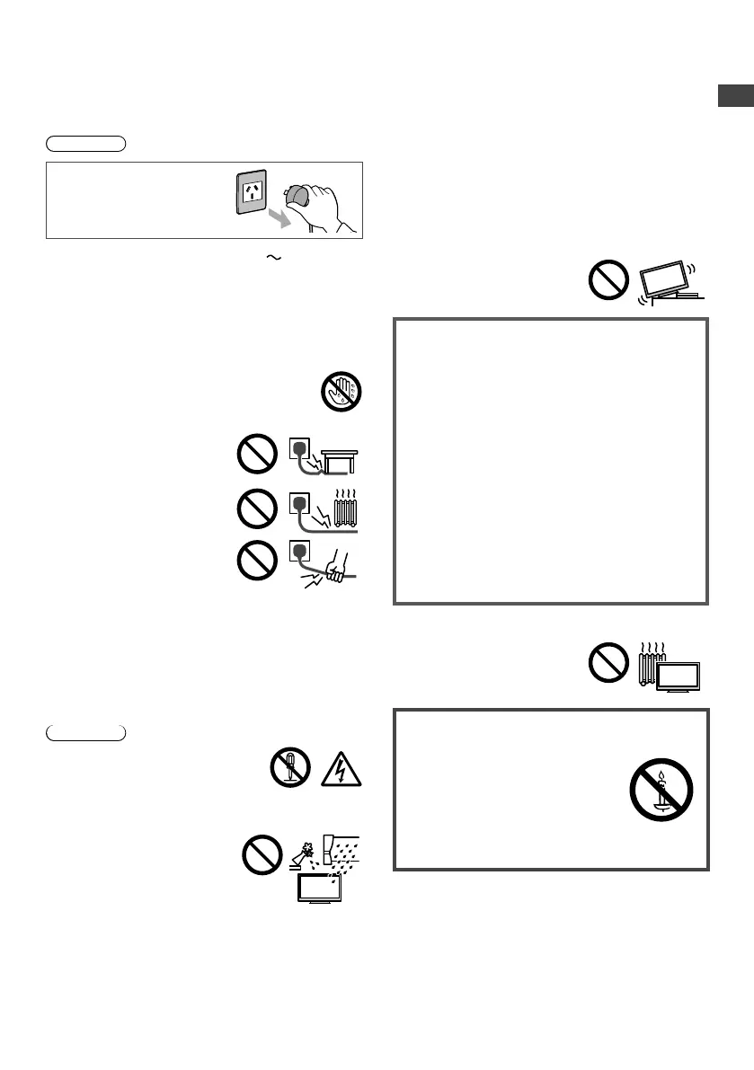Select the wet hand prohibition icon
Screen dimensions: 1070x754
341,393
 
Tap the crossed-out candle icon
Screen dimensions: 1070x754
661,790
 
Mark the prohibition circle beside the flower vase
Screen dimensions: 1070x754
262,855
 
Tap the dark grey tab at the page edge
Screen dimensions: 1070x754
735,96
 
